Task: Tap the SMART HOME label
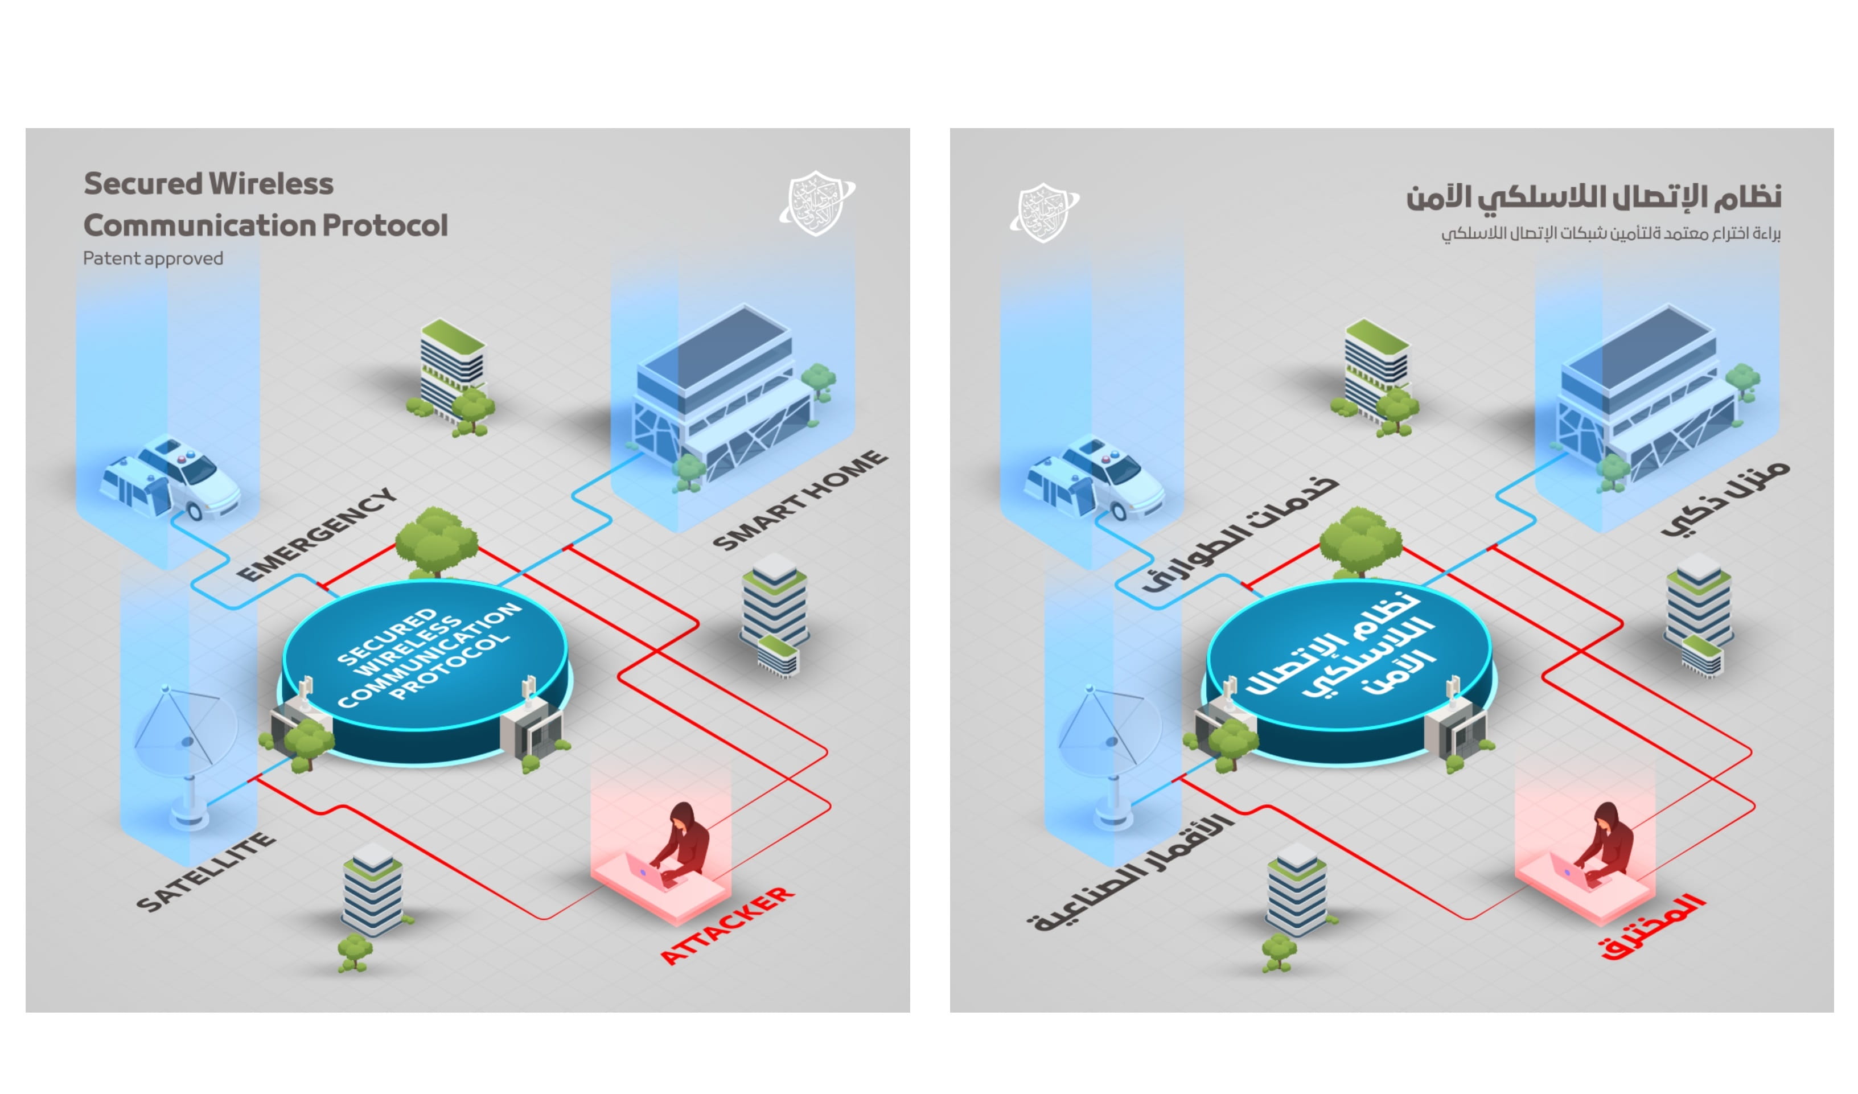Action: (x=800, y=500)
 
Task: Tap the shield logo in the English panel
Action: (x=816, y=203)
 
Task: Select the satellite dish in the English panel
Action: (x=184, y=745)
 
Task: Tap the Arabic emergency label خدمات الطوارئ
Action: (x=1239, y=535)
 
